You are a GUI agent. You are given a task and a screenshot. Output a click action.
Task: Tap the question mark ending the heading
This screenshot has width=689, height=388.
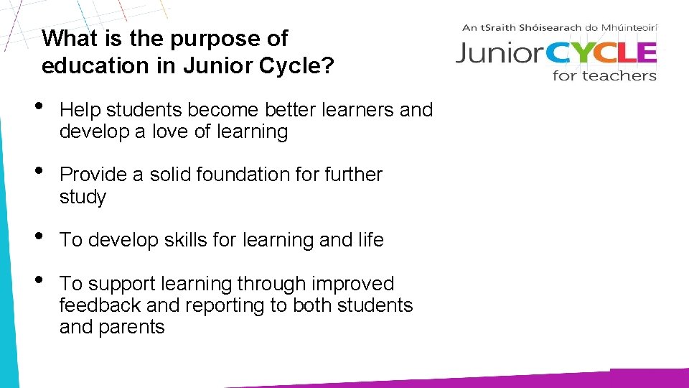pos(328,66)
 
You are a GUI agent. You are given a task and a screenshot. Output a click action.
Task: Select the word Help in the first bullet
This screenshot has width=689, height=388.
pos(79,110)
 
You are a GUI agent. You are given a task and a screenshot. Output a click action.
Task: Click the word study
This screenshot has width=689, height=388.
pos(83,197)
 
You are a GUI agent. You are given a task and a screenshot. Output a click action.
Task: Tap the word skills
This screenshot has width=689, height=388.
pos(183,240)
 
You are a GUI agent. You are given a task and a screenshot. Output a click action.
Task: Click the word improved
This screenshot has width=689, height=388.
pos(352,285)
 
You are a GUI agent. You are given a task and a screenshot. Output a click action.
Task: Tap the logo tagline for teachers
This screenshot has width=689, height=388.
pos(604,75)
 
